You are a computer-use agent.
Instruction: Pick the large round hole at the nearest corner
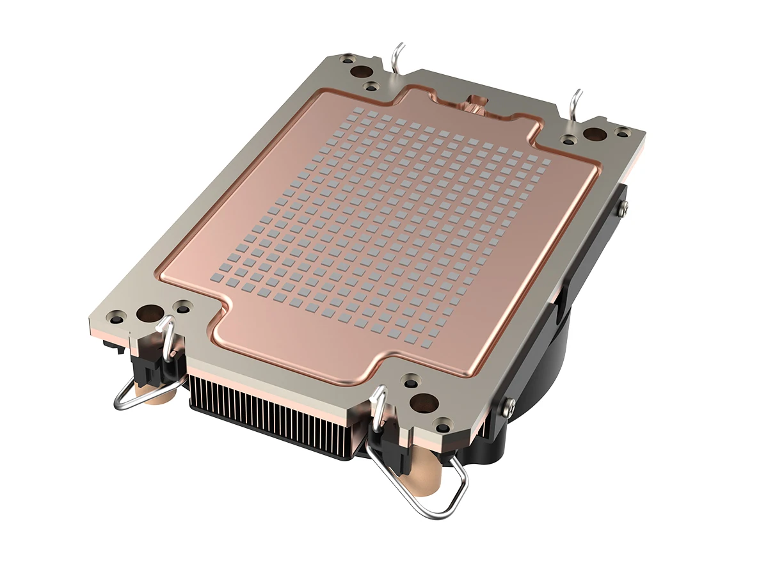coord(423,402)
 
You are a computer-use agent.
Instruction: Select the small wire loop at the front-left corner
coord(145,384)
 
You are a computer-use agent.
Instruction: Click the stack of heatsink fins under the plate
coord(275,416)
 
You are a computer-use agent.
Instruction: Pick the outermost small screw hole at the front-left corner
coord(116,315)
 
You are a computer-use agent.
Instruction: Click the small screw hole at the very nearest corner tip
coord(442,422)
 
